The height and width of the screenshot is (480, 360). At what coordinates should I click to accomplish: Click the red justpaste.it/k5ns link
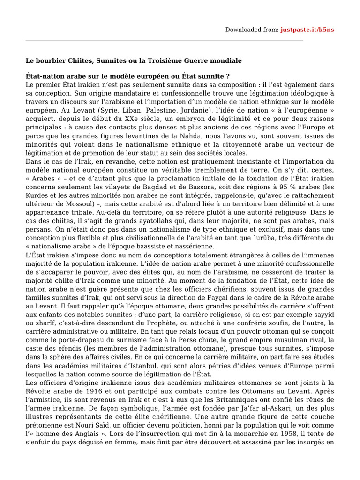point(307,30)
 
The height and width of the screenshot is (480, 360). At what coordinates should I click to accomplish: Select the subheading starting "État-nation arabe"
point(127,76)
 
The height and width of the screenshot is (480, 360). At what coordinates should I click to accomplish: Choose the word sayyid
point(322,314)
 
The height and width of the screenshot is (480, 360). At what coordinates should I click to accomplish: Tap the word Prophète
point(177,322)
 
